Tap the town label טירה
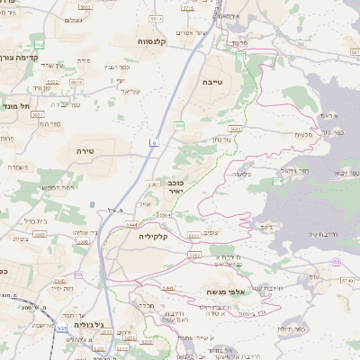(86, 150)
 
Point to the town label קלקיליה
(156, 237)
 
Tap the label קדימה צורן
(21, 56)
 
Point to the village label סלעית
(303, 134)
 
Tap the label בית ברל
(33, 219)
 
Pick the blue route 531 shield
(62, 329)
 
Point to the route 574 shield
(278, 181)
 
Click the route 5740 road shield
(345, 280)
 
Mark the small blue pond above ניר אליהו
(93, 205)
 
